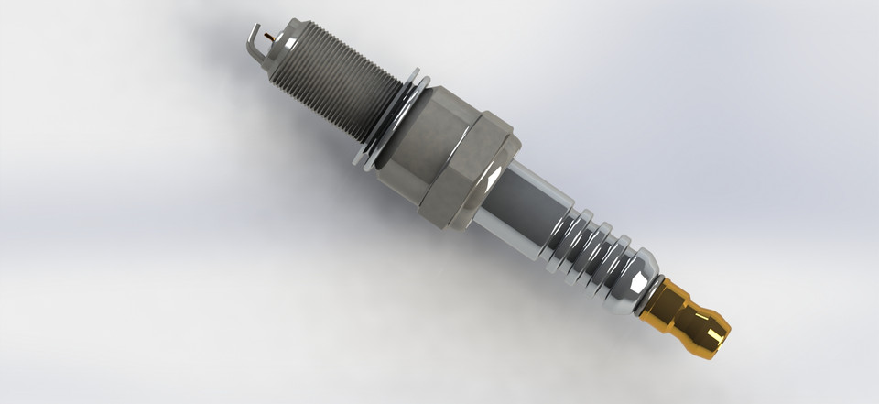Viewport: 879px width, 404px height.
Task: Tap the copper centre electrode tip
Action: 266,37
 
